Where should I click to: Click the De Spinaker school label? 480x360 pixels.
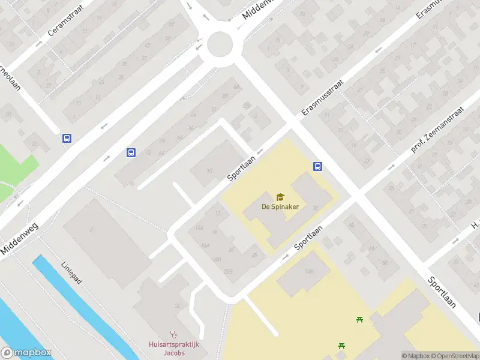pyautogui.click(x=280, y=207)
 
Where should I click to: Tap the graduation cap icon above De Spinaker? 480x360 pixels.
pyautogui.click(x=280, y=197)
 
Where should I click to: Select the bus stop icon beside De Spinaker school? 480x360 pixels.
pyautogui.click(x=317, y=167)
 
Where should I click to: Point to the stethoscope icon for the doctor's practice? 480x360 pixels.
pyautogui.click(x=174, y=334)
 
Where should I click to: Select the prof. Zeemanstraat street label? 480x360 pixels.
pyautogui.click(x=438, y=130)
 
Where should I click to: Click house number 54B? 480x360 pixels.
pyautogui.click(x=309, y=271)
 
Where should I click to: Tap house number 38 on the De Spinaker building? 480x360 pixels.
pyautogui.click(x=314, y=208)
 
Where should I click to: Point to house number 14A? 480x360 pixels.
pyautogui.click(x=199, y=228)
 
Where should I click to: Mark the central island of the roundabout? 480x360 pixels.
pyautogui.click(x=220, y=44)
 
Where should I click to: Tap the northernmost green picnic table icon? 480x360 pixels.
pyautogui.click(x=359, y=319)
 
